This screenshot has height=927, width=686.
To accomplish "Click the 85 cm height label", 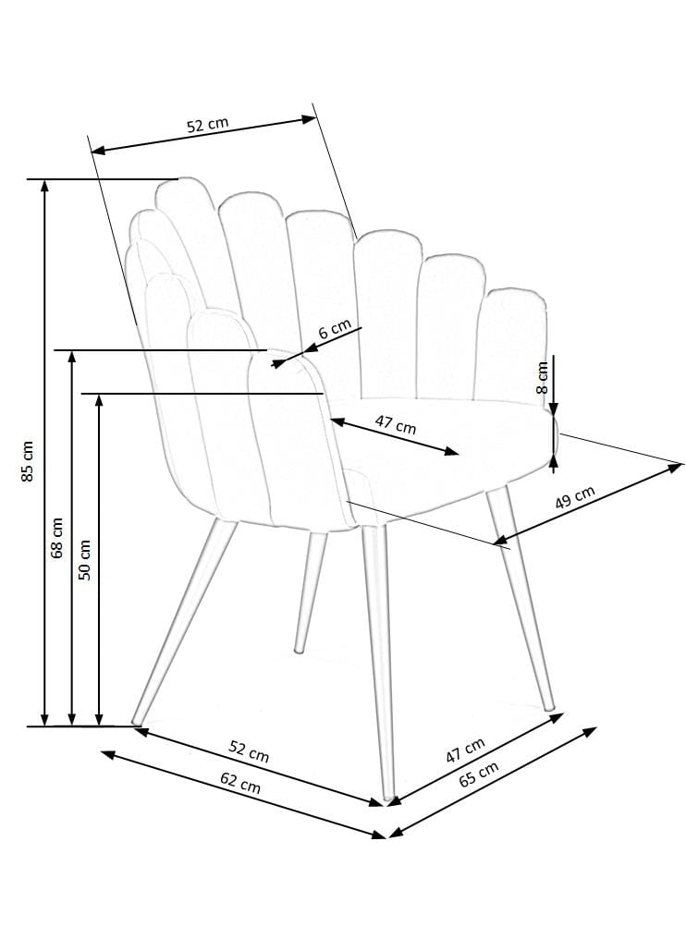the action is pyautogui.click(x=27, y=461).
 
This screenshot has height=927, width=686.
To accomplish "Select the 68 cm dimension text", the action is pyautogui.click(x=56, y=538).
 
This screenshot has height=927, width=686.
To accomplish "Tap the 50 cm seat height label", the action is pyautogui.click(x=84, y=560).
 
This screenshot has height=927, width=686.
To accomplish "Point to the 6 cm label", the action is pyautogui.click(x=335, y=328).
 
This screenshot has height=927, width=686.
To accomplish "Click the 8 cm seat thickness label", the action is pyautogui.click(x=542, y=377).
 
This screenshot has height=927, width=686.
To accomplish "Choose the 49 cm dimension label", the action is pyautogui.click(x=575, y=497).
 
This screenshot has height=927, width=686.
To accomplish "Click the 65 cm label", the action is pyautogui.click(x=479, y=774).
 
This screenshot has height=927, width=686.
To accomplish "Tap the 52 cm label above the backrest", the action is pyautogui.click(x=208, y=125).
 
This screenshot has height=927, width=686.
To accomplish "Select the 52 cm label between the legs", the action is pyautogui.click(x=249, y=751).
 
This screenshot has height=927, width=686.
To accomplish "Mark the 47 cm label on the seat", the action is pyautogui.click(x=396, y=424).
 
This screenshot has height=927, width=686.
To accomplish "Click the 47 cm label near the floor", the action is pyautogui.click(x=465, y=750).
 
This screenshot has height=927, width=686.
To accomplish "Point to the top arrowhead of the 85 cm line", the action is pyautogui.click(x=44, y=185).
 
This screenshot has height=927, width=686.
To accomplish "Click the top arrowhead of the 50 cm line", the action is pyautogui.click(x=99, y=399).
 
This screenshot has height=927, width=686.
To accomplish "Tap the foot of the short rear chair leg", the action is pyautogui.click(x=300, y=651).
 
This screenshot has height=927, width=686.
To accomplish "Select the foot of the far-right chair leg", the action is pyautogui.click(x=549, y=707).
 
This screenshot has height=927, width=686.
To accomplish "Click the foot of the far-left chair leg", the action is pyautogui.click(x=135, y=722).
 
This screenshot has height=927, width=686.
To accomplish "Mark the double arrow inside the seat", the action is pyautogui.click(x=395, y=437).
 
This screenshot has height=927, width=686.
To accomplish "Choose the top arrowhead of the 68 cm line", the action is pyautogui.click(x=72, y=356).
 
